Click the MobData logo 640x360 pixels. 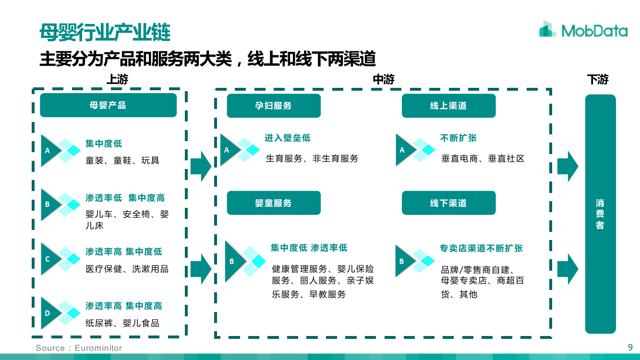pyautogui.click(x=583, y=30)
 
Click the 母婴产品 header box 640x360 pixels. pyautogui.click(x=108, y=105)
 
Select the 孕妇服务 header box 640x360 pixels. pyautogui.click(x=274, y=106)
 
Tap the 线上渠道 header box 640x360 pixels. pyautogui.click(x=448, y=106)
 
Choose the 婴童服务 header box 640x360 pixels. pyautogui.click(x=274, y=203)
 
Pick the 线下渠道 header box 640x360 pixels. pyautogui.click(x=448, y=203)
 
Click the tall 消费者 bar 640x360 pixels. pyautogui.click(x=600, y=214)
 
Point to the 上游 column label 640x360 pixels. pyautogui.click(x=117, y=80)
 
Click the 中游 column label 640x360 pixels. pyautogui.click(x=384, y=80)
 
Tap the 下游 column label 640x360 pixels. pyautogui.click(x=598, y=80)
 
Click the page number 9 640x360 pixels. pyautogui.click(x=630, y=347)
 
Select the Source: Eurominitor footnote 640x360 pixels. pyautogui.click(x=79, y=348)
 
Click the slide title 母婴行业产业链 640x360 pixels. pyautogui.click(x=105, y=33)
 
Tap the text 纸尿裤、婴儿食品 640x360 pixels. pyautogui.click(x=122, y=323)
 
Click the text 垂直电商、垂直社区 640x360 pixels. pyautogui.click(x=483, y=158)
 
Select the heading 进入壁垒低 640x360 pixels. pyautogui.click(x=288, y=138)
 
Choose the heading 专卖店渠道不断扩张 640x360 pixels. pyautogui.click(x=481, y=248)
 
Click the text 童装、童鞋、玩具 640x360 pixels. pyautogui.click(x=122, y=160)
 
